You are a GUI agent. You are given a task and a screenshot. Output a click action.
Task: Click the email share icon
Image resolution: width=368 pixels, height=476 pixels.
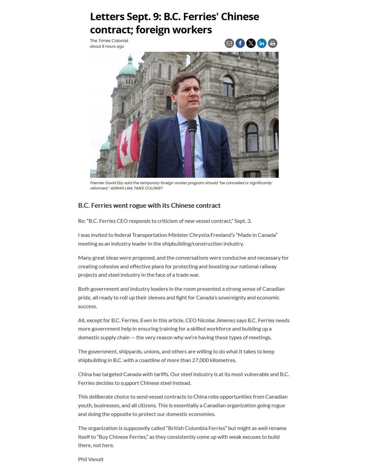229,43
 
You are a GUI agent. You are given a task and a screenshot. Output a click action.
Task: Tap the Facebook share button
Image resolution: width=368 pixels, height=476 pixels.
240,43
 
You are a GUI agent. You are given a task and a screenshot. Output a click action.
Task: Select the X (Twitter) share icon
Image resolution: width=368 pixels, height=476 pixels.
251,43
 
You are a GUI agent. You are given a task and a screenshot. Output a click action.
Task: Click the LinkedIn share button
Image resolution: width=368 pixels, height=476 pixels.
262,43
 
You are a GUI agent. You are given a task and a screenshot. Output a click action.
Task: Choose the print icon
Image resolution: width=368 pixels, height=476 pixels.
273,43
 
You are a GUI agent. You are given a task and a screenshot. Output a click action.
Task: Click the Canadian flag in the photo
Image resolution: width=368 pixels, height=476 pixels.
128,145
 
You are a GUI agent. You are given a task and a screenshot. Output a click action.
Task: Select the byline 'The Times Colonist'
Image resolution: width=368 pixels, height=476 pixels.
109,41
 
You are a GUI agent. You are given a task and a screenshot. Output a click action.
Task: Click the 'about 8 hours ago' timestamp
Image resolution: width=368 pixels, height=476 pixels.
107,46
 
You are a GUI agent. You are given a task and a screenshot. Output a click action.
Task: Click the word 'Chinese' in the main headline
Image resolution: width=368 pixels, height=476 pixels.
240,17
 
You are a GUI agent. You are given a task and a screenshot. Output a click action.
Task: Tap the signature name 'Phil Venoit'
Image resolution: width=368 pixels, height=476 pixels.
91,459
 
